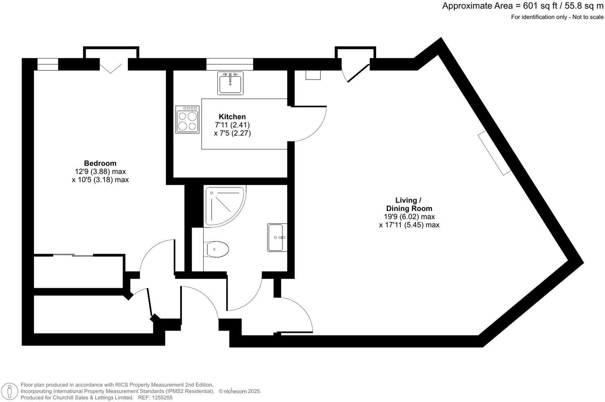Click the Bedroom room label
100,163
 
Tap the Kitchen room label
232,117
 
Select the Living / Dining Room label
409,204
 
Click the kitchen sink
230,83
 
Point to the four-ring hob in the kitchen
187,119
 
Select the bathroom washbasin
277,237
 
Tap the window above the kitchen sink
229,64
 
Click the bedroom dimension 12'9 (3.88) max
100,172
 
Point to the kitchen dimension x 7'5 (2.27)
232,133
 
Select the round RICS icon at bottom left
9,391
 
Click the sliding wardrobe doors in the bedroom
74,256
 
